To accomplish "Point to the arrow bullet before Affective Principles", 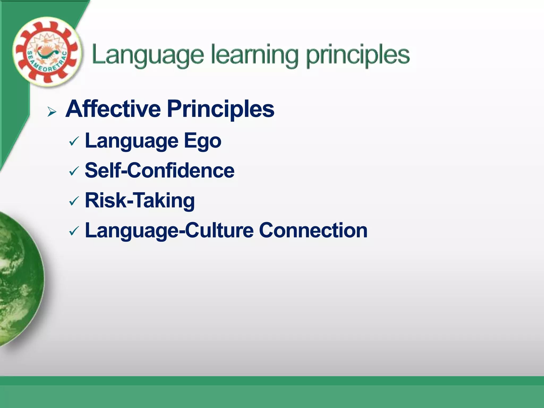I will [52, 112].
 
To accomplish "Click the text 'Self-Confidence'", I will [159, 171].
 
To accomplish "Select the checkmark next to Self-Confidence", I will [74, 171].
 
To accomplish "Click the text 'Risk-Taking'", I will [140, 201].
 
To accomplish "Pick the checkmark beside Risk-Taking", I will [74, 201].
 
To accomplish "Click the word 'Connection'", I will [313, 230].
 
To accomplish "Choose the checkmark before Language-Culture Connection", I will [74, 231].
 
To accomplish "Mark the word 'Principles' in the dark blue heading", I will [220, 109].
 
